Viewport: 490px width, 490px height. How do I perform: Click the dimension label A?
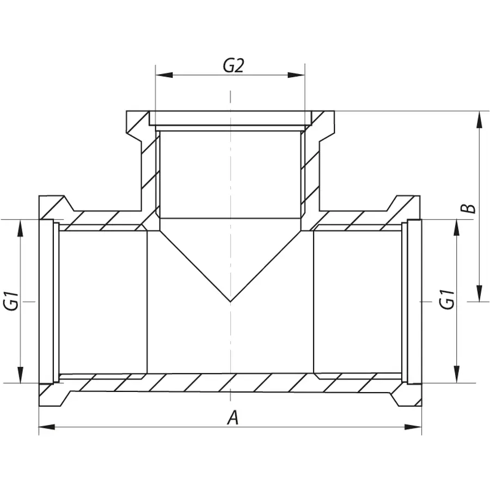(x=232, y=418)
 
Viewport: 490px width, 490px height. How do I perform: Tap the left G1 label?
(x=13, y=302)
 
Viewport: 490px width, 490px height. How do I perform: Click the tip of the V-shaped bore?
(x=230, y=301)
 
